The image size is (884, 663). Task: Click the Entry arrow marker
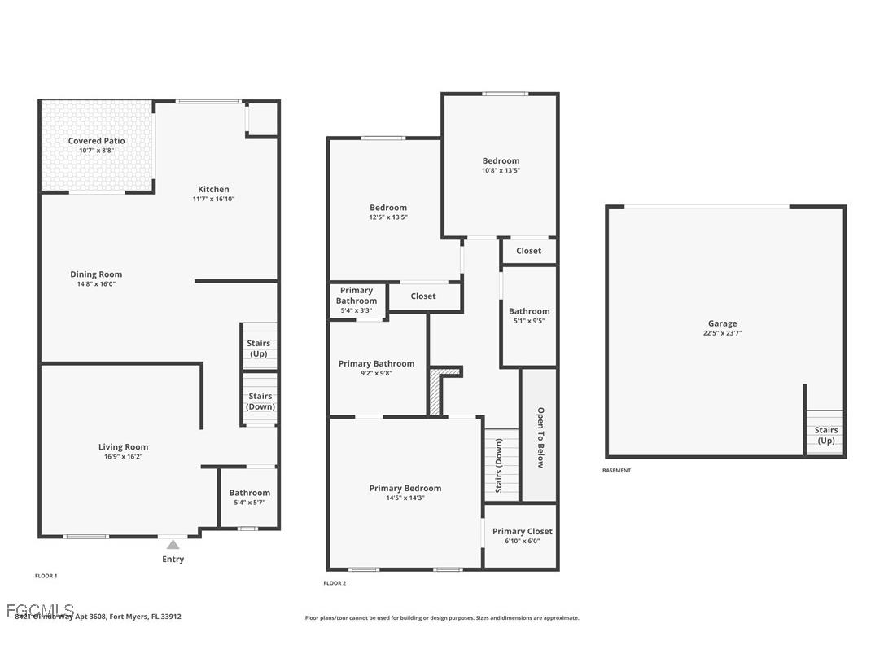(x=173, y=544)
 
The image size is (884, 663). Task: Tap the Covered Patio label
(x=96, y=141)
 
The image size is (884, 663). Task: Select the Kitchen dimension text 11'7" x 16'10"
(x=213, y=199)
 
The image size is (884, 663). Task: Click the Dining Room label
(x=96, y=274)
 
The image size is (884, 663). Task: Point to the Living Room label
(x=123, y=446)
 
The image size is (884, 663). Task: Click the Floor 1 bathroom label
(x=249, y=493)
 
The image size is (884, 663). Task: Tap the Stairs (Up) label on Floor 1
(x=259, y=348)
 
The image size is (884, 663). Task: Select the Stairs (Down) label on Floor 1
(x=260, y=401)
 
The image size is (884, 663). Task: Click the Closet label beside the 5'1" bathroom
(x=528, y=251)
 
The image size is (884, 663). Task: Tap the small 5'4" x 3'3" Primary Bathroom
(x=357, y=300)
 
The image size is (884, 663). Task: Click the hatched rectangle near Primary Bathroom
(x=435, y=394)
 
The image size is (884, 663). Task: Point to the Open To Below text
(x=540, y=437)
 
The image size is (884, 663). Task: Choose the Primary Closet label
(x=522, y=531)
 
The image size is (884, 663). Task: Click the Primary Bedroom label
(x=405, y=489)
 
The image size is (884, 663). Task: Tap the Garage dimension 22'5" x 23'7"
(x=722, y=333)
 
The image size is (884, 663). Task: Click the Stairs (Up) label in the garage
(x=825, y=435)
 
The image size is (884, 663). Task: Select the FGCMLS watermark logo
(x=40, y=610)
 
